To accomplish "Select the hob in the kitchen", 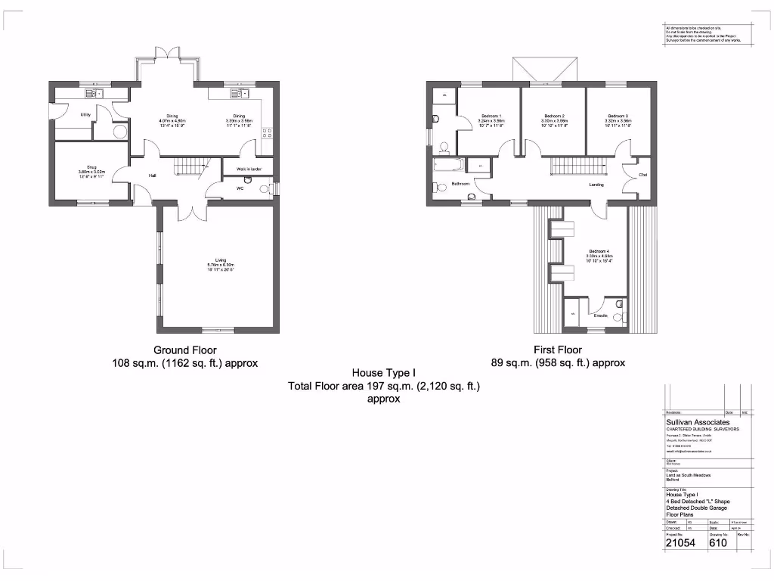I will pyautogui.click(x=267, y=134).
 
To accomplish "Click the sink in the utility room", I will pyautogui.click(x=94, y=94).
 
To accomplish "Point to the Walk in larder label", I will pyautogui.click(x=249, y=169).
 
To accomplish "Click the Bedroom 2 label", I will pyautogui.click(x=554, y=116).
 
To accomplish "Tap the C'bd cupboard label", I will pyautogui.click(x=643, y=176).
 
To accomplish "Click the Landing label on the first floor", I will pyautogui.click(x=596, y=184).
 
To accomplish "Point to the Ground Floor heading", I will pyautogui.click(x=185, y=350).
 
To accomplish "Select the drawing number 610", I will pyautogui.click(x=719, y=542).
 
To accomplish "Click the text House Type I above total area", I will pyautogui.click(x=384, y=374).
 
